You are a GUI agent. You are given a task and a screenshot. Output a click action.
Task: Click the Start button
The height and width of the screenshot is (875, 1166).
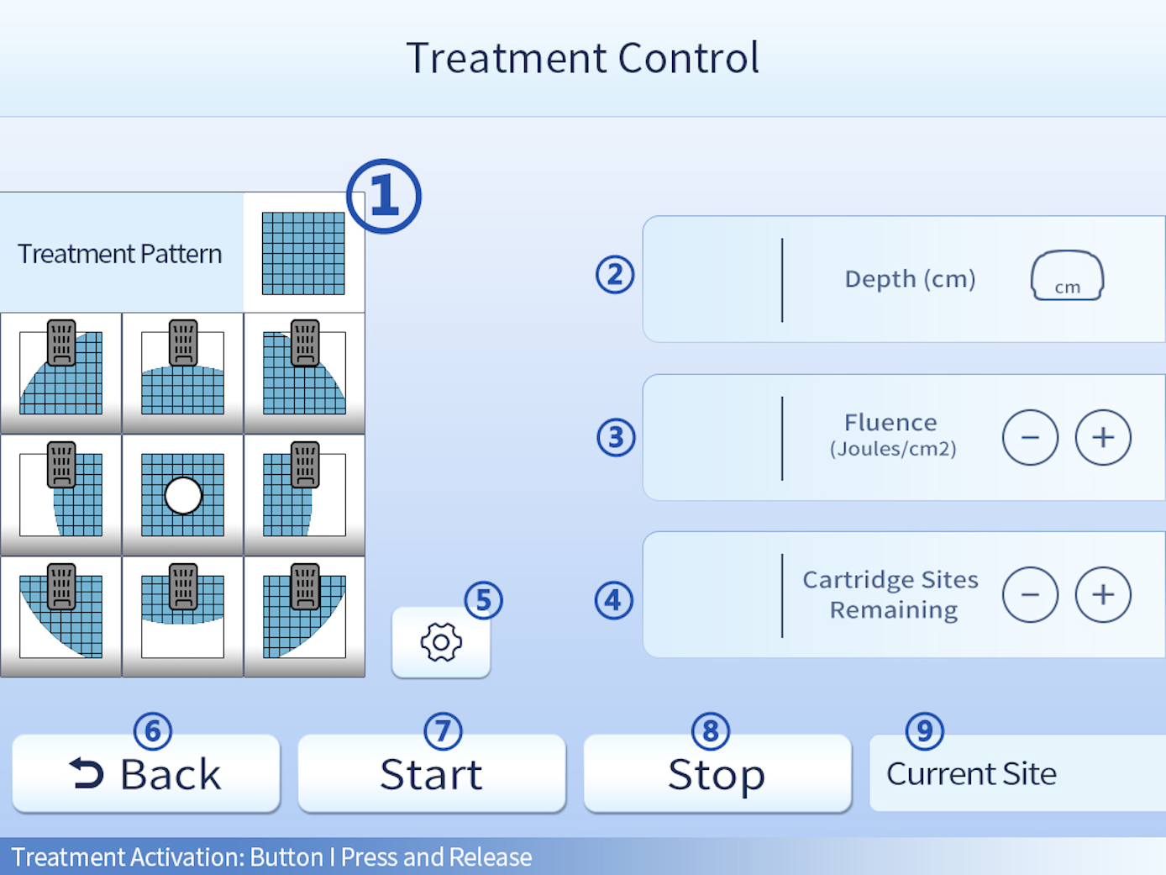(431, 774)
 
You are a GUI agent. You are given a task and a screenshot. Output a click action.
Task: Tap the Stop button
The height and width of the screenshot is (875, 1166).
(717, 774)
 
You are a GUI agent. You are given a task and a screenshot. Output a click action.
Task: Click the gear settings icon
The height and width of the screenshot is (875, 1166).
(441, 643)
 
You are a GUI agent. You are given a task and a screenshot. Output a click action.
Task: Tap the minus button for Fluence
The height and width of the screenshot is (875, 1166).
(1030, 437)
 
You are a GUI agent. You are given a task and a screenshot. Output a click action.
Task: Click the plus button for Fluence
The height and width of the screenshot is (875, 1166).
(1103, 437)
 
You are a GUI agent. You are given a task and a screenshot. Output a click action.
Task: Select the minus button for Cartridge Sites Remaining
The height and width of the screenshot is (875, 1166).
(1030, 594)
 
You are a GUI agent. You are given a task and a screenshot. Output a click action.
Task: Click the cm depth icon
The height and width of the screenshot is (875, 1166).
(1067, 276)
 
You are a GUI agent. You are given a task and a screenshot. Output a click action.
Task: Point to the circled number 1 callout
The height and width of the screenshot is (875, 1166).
(384, 196)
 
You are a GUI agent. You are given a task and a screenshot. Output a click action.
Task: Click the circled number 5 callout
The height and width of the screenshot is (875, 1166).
(484, 600)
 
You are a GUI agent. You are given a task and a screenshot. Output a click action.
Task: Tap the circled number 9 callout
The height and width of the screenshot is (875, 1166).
(924, 731)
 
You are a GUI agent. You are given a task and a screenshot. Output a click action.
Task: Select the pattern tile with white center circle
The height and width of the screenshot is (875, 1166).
(183, 495)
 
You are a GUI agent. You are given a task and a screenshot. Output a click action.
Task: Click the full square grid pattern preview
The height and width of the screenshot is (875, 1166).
(303, 253)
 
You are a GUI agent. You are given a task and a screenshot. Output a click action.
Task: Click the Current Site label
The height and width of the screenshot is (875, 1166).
(971, 774)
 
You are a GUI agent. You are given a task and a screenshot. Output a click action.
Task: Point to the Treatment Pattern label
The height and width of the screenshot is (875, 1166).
(120, 254)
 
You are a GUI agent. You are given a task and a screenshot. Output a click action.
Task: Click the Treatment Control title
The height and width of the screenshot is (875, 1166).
(583, 58)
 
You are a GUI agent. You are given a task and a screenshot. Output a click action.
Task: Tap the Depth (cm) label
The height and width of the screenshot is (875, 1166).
(910, 279)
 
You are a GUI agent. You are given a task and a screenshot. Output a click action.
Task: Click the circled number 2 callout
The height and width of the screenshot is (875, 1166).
(615, 275)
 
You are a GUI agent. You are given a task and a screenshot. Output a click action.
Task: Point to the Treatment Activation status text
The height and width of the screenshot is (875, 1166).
(271, 857)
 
